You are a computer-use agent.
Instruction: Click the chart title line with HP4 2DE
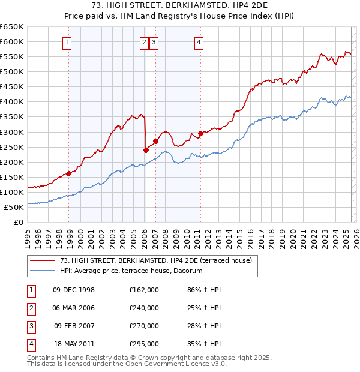click(x=179, y=7)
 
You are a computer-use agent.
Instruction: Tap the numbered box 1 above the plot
click(x=66, y=42)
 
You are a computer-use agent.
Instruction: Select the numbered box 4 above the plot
click(x=198, y=42)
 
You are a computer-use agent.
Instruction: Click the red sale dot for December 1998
click(x=68, y=173)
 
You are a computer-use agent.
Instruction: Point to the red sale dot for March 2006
click(x=146, y=150)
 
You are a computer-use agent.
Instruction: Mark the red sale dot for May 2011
click(x=200, y=133)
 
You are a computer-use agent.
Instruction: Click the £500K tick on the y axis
click(x=12, y=71)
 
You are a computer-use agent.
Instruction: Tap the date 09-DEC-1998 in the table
click(x=74, y=290)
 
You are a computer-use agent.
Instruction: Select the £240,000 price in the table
click(x=144, y=308)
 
